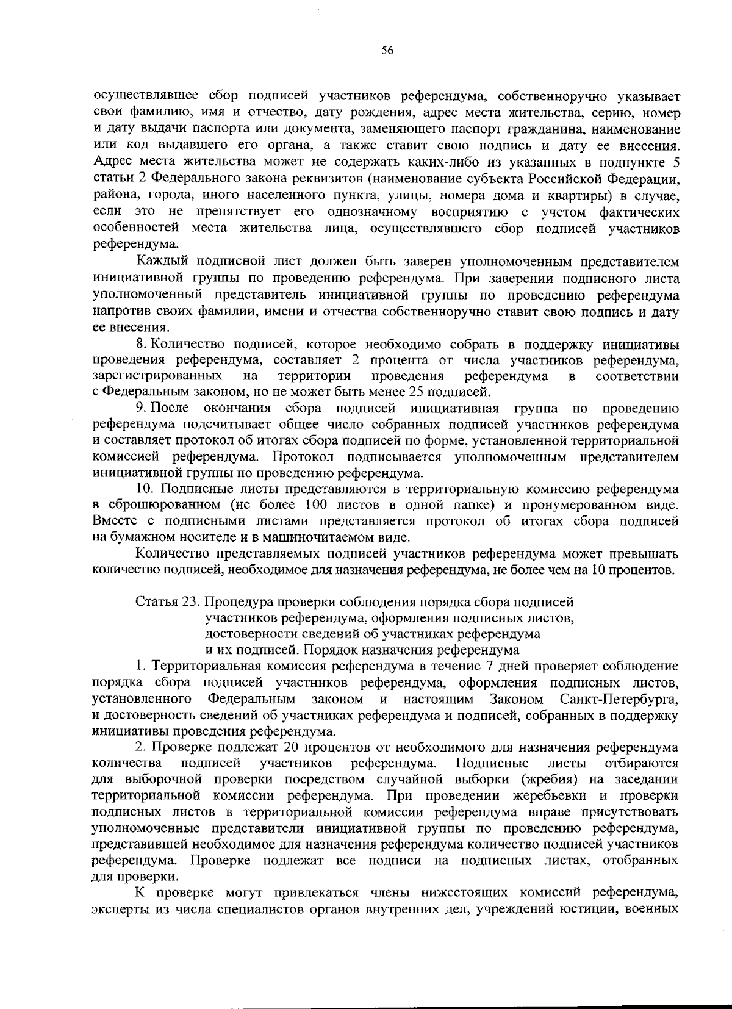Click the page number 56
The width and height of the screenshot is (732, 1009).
click(387, 51)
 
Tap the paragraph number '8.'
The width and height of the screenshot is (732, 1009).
click(142, 345)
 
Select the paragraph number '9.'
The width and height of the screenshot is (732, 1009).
click(142, 408)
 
